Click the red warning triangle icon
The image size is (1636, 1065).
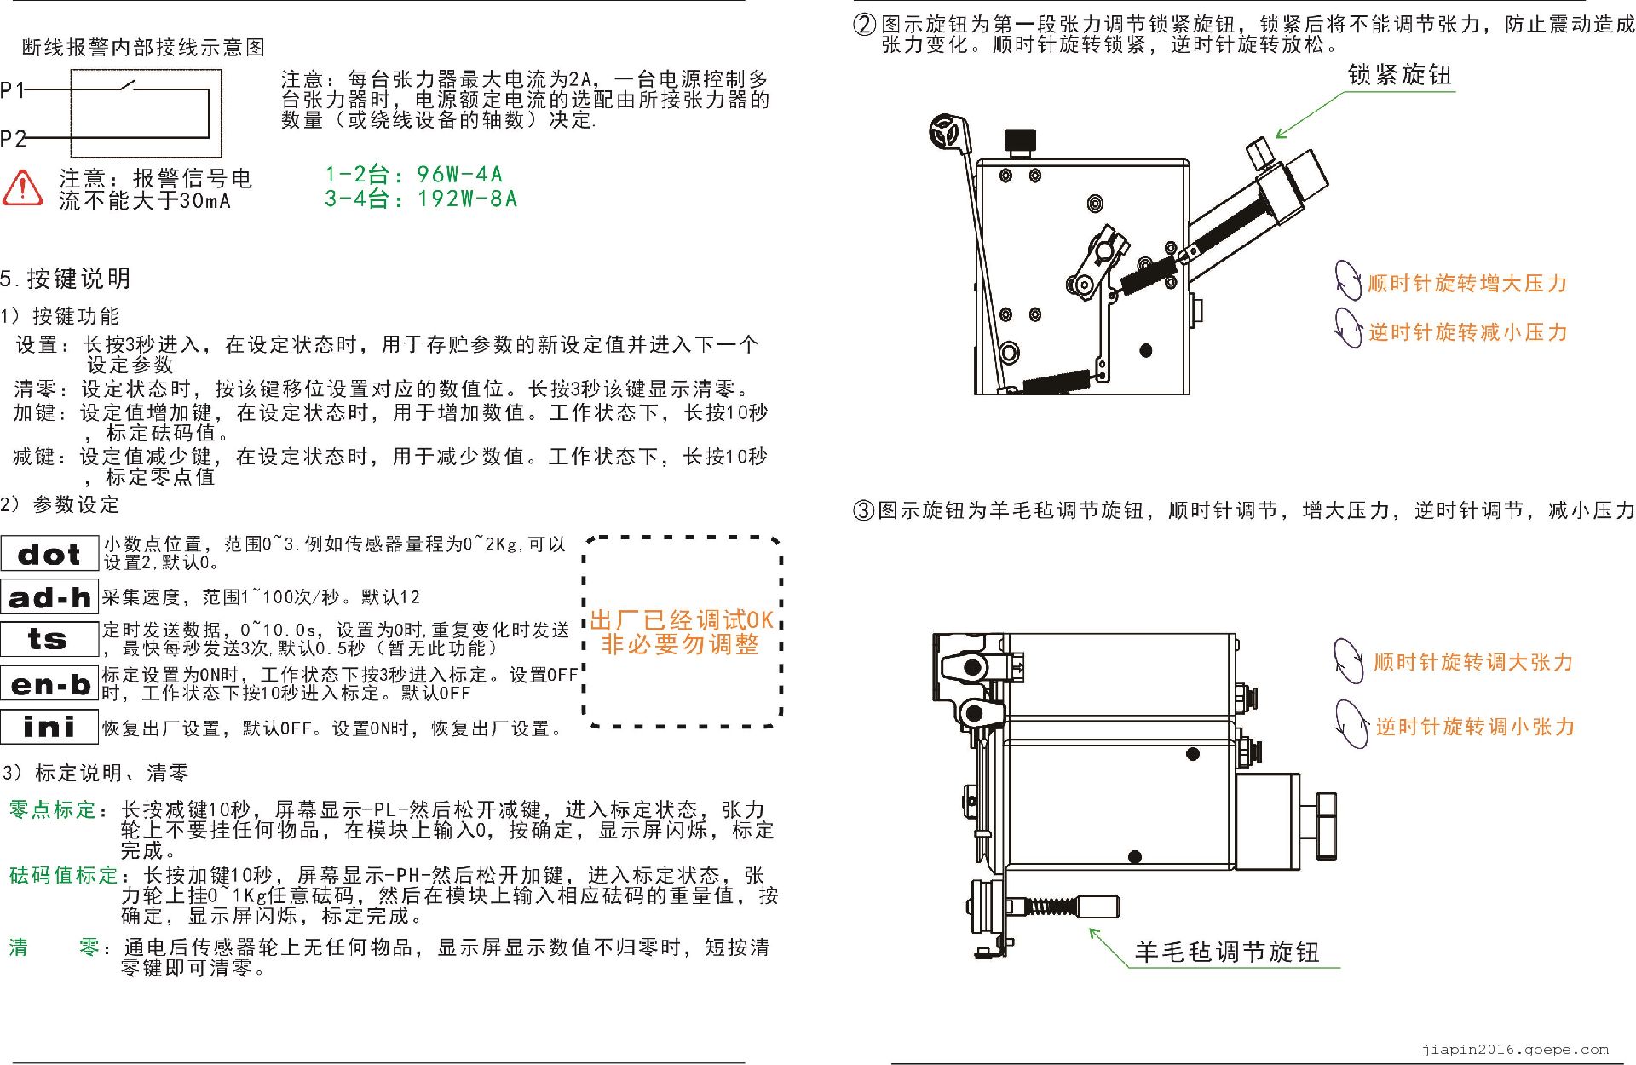click(x=22, y=187)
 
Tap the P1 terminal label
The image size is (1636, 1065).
click(x=12, y=89)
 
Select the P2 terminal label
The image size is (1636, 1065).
click(x=13, y=138)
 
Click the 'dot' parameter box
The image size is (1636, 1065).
click(x=49, y=554)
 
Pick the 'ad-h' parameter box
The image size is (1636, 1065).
click(x=49, y=597)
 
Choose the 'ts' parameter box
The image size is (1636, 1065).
click(x=49, y=639)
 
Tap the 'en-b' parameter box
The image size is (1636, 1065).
click(x=49, y=684)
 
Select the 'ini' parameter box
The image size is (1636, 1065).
click(x=49, y=727)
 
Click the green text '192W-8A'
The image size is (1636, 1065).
click(x=467, y=199)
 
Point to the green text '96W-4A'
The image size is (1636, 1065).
click(x=460, y=175)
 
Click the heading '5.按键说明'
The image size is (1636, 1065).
click(x=66, y=279)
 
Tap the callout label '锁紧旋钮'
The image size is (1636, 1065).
click(x=1400, y=75)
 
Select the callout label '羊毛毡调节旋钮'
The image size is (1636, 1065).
click(x=1227, y=952)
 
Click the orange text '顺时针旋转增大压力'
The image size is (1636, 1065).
click(x=1467, y=284)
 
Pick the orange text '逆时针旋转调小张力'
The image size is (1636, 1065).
click(x=1475, y=727)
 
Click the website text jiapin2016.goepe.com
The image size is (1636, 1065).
click(x=1515, y=1050)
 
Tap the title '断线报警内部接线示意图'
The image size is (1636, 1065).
click(x=143, y=48)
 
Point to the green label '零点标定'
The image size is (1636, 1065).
click(x=53, y=809)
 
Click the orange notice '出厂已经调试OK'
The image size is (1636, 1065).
click(x=682, y=619)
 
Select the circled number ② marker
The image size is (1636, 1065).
click(x=864, y=24)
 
